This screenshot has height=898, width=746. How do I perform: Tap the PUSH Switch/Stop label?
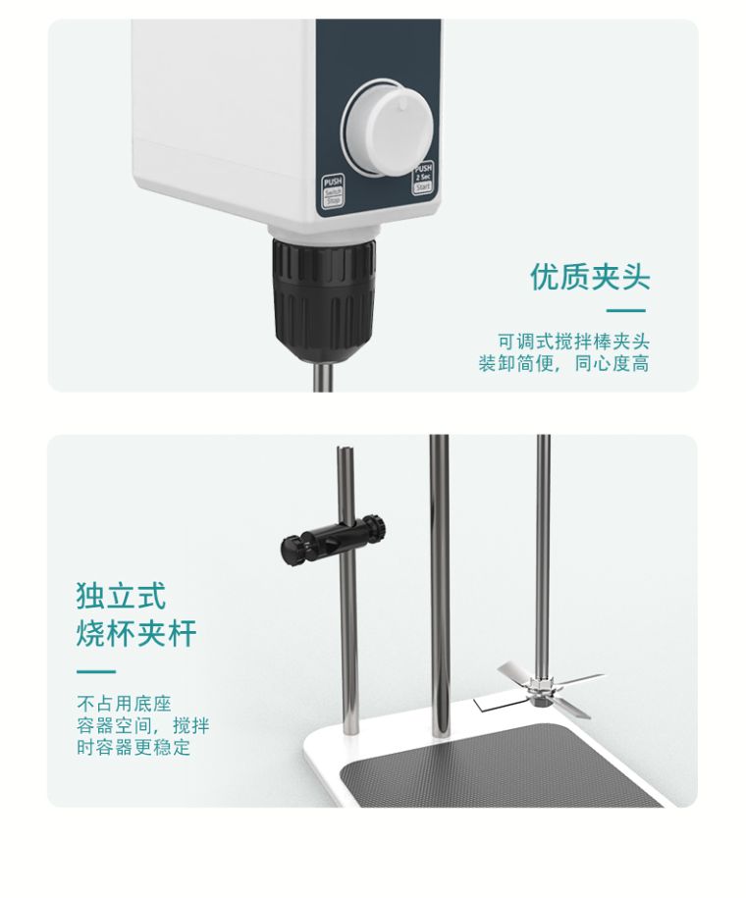tap(332, 188)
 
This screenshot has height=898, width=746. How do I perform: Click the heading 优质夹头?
tap(590, 277)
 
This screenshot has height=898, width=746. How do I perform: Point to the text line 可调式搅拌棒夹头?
tap(573, 342)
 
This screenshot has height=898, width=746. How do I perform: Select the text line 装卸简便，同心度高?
tap(563, 364)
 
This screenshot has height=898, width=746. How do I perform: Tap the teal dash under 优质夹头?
tap(626, 309)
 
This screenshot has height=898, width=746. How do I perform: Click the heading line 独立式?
tap(121, 596)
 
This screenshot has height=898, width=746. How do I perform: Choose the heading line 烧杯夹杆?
tap(136, 634)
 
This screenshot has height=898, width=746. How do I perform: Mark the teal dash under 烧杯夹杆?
tap(95, 672)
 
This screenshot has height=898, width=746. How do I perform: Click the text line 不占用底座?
tap(124, 704)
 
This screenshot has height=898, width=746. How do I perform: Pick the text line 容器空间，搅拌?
tap(142, 726)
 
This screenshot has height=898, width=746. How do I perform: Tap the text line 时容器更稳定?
tap(133, 749)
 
